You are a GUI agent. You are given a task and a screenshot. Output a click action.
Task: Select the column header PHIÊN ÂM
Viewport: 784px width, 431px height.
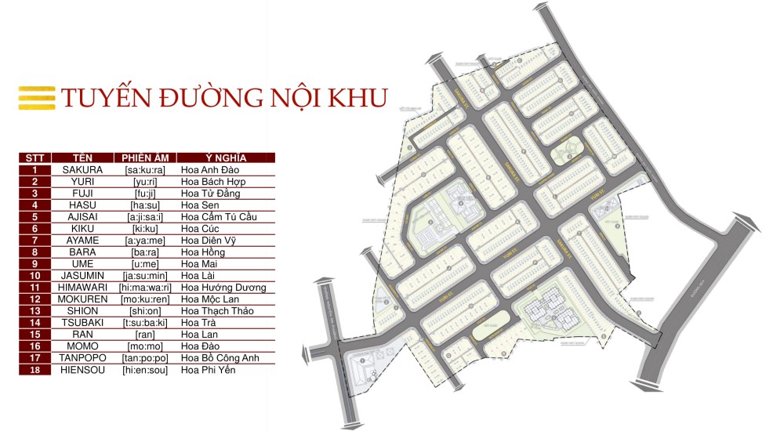(146, 158)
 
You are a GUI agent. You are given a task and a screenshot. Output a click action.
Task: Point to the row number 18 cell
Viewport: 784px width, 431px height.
(34, 370)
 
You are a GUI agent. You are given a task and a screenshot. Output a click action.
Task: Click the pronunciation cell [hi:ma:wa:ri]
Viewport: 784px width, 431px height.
(146, 288)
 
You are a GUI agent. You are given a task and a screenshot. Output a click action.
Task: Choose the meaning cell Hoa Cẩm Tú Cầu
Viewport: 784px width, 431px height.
(220, 216)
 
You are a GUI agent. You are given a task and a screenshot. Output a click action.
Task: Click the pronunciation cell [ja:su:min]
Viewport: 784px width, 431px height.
(146, 276)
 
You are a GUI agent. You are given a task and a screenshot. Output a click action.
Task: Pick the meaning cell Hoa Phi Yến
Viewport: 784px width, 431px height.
(208, 370)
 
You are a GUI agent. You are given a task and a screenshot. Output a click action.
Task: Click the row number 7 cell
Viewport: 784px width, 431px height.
(34, 240)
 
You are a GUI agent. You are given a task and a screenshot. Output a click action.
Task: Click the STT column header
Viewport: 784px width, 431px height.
(34, 158)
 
